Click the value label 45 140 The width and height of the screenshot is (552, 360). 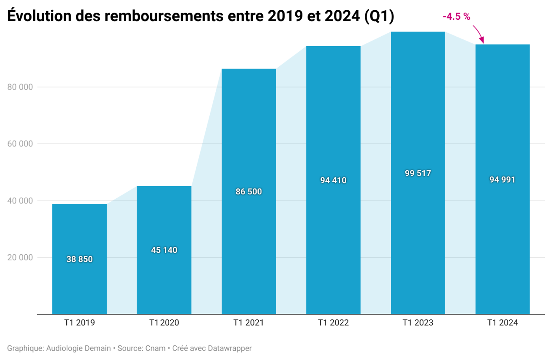[x=164, y=250]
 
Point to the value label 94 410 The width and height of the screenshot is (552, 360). [x=333, y=180]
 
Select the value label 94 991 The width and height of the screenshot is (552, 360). [x=502, y=179]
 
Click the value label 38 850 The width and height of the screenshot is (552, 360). [x=79, y=259]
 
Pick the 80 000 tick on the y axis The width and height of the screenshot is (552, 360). [x=20, y=87]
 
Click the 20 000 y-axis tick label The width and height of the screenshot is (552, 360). [x=20, y=257]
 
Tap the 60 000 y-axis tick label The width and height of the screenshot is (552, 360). [x=20, y=144]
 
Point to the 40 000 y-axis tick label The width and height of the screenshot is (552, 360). [x=20, y=201]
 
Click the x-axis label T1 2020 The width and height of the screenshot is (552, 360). [x=164, y=323]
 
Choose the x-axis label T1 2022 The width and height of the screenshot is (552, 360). [x=333, y=323]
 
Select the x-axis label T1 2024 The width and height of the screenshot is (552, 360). [x=502, y=323]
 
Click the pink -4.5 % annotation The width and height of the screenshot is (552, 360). [x=456, y=17]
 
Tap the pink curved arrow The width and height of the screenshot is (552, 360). [x=478, y=34]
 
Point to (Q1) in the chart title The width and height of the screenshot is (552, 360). [x=379, y=16]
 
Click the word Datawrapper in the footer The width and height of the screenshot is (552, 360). [x=229, y=348]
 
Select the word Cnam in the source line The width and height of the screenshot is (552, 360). [x=155, y=348]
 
